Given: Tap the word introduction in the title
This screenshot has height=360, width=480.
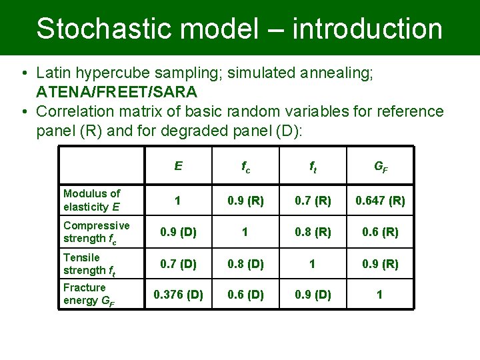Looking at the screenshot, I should [x=367, y=29].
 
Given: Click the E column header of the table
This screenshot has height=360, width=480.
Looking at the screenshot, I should [x=178, y=166].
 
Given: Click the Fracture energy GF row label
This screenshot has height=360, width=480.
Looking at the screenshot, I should [x=89, y=294].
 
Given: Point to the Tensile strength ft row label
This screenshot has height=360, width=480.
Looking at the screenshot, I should [x=88, y=264].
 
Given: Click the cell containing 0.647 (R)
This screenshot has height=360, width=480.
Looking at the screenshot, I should [x=379, y=201].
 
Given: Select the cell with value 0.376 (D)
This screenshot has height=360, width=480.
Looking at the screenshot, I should [x=178, y=295].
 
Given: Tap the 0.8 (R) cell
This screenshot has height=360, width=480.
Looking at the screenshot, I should [x=313, y=232].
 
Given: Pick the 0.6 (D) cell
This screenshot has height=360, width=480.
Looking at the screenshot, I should [x=246, y=295].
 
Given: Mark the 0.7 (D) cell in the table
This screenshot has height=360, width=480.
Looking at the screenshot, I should [x=178, y=264].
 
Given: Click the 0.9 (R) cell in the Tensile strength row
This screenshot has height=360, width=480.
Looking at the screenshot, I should [x=379, y=264].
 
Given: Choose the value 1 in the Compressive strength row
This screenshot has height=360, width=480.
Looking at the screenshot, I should [x=246, y=232].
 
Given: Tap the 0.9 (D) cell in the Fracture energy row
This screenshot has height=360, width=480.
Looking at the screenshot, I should [x=313, y=295].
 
